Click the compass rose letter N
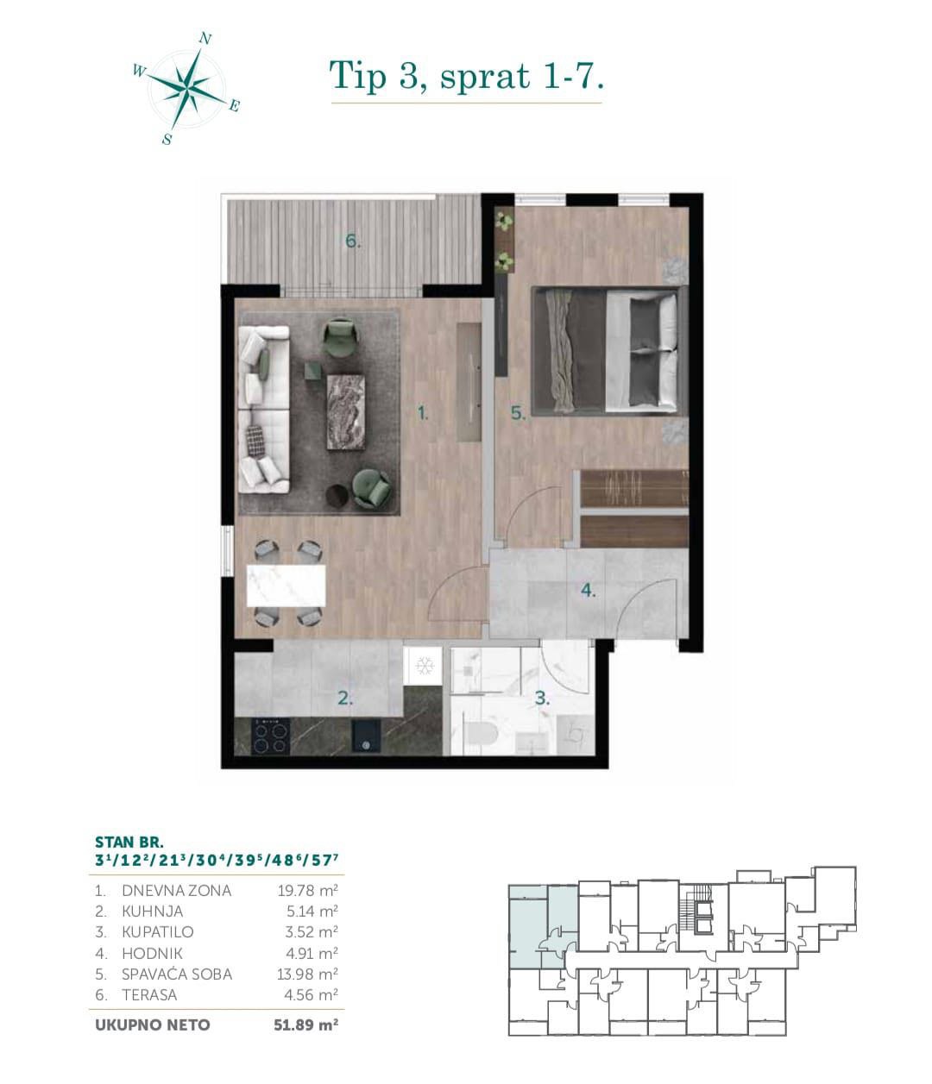pos(205,38)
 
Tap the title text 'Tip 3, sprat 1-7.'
pos(466,76)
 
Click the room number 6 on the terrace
pos(353,241)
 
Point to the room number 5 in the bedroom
pos(517,413)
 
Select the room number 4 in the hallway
pos(588,591)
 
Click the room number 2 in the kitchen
pos(344,699)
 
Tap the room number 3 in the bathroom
pos(542,699)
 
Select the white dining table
pos(286,585)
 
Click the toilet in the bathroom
pos(477,736)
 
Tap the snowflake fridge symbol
pos(424,666)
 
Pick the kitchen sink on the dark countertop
pos(368,735)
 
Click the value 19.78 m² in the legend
pos(301,890)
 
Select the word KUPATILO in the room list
pos(158,932)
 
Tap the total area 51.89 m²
pos(301,1025)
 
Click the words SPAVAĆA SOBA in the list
pos(177,974)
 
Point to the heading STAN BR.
pos(129,841)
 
